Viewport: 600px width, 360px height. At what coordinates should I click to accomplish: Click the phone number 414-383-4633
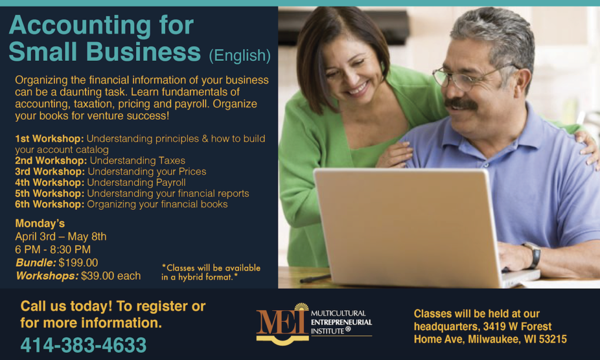coord(83,345)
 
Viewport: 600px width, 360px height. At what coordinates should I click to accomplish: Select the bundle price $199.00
coord(78,263)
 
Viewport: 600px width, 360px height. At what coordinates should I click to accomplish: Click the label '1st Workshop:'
coord(49,138)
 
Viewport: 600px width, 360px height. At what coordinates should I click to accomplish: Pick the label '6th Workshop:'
coord(50,205)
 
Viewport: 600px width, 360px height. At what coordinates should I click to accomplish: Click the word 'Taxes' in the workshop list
coord(172,161)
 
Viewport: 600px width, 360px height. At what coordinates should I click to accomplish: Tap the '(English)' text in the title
coord(240,56)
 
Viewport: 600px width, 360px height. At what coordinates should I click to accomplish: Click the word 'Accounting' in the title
coord(80,26)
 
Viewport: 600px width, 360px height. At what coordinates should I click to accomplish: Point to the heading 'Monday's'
coord(40,223)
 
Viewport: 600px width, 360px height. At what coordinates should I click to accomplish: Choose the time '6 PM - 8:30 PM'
coord(53,250)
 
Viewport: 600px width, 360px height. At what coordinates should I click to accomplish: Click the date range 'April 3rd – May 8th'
coord(61,237)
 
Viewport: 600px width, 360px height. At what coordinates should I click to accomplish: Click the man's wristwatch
coord(533,255)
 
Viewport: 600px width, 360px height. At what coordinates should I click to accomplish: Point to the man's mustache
coord(461,104)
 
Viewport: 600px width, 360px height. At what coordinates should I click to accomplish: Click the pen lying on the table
coord(315,279)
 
